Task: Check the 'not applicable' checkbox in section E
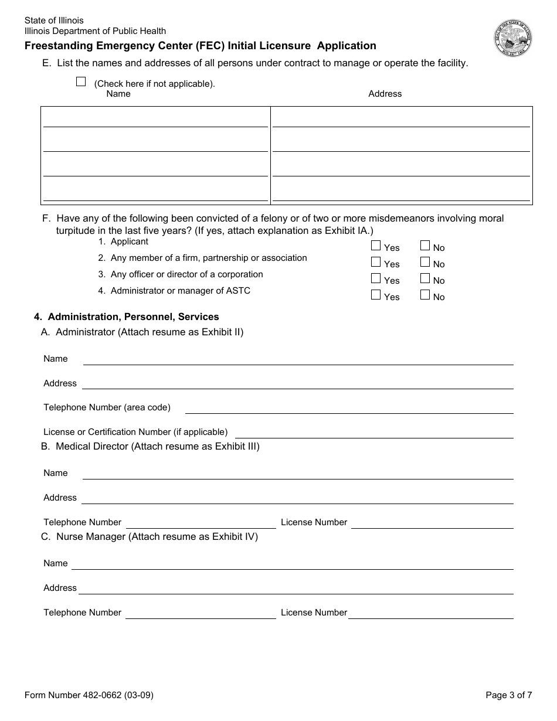pos(81,82)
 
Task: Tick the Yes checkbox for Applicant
pos(376,246)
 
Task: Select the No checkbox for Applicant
pos(425,246)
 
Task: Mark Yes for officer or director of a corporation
pos(376,279)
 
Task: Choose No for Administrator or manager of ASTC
pos(425,295)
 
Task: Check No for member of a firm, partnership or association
pos(425,263)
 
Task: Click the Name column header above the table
pos(118,94)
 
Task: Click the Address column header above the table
pos(385,94)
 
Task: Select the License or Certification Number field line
pos(373,432)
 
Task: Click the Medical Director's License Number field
pos(432,522)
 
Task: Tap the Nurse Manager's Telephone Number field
pos(201,613)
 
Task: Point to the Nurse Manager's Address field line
pos(296,588)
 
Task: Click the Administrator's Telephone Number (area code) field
pos(349,407)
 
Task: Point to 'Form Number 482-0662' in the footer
pos(89,696)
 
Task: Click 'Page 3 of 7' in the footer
pos(508,696)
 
